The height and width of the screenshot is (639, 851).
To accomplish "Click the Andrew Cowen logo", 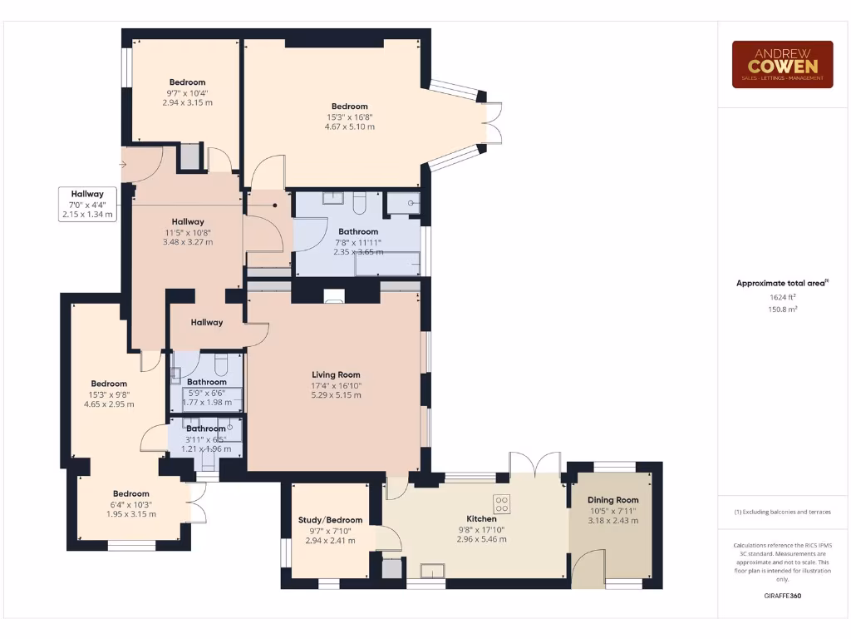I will (782, 64).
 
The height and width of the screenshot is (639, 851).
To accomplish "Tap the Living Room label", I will (336, 375).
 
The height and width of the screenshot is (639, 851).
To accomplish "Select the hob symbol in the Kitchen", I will (502, 503).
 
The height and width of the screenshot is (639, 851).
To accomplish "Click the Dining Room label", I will (613, 501).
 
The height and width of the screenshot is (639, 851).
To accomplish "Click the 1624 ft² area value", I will (782, 296).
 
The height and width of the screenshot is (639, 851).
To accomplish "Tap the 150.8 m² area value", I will (782, 309).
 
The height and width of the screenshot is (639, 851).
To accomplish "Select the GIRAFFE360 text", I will (782, 596).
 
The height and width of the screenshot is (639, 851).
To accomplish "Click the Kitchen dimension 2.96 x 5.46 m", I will (481, 539).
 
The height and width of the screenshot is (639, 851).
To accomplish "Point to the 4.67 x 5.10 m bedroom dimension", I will (349, 127).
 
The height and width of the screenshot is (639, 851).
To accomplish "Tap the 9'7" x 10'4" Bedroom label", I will (187, 82).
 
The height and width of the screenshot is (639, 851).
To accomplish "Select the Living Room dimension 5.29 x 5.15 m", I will (336, 395).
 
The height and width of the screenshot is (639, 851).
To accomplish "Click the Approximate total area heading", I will (782, 283).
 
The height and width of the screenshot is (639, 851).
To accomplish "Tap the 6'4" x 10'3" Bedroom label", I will (130, 494).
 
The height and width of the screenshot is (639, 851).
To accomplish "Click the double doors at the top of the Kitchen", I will (534, 463).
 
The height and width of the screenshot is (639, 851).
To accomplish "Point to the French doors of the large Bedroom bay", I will (494, 122).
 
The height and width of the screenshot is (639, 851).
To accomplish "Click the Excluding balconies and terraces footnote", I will (782, 512).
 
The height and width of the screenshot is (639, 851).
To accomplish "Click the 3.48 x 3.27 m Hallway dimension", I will (188, 242).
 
